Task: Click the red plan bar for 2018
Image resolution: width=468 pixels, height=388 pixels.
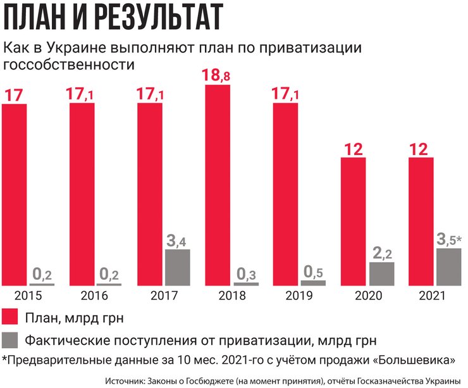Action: point(217,184)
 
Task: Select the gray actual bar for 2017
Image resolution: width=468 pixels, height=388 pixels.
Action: point(177,267)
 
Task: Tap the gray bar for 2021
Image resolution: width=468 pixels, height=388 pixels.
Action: point(448,266)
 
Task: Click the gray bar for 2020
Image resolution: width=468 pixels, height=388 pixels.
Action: point(381,273)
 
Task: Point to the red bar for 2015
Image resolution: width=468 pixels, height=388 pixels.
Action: point(15,194)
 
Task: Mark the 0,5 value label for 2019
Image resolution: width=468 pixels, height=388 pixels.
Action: point(312,272)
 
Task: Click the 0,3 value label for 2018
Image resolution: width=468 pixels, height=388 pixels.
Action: point(245,275)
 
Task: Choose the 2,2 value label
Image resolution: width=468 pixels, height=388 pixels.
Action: point(381,254)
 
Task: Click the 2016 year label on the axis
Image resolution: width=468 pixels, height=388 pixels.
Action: point(95,296)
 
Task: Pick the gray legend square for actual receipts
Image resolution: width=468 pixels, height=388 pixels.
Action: point(10,340)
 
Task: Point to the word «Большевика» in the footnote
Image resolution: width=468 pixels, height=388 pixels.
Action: point(418,360)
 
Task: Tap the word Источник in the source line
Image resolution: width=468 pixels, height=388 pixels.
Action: point(124,380)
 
